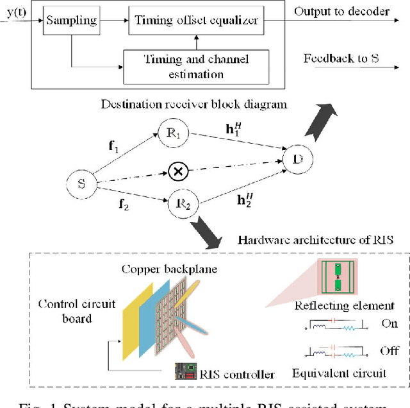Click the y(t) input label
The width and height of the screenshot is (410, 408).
pos(14,11)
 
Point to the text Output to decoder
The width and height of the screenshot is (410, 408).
pos(350,11)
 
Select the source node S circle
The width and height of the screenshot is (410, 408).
pos(81,184)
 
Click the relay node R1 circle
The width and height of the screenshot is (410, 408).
pos(176,135)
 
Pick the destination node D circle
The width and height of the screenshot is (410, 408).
pos(297,157)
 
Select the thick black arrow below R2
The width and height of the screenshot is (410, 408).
pos(208,230)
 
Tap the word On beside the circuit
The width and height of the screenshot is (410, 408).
pos(389,323)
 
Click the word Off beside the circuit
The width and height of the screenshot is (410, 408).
pos(389,350)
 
